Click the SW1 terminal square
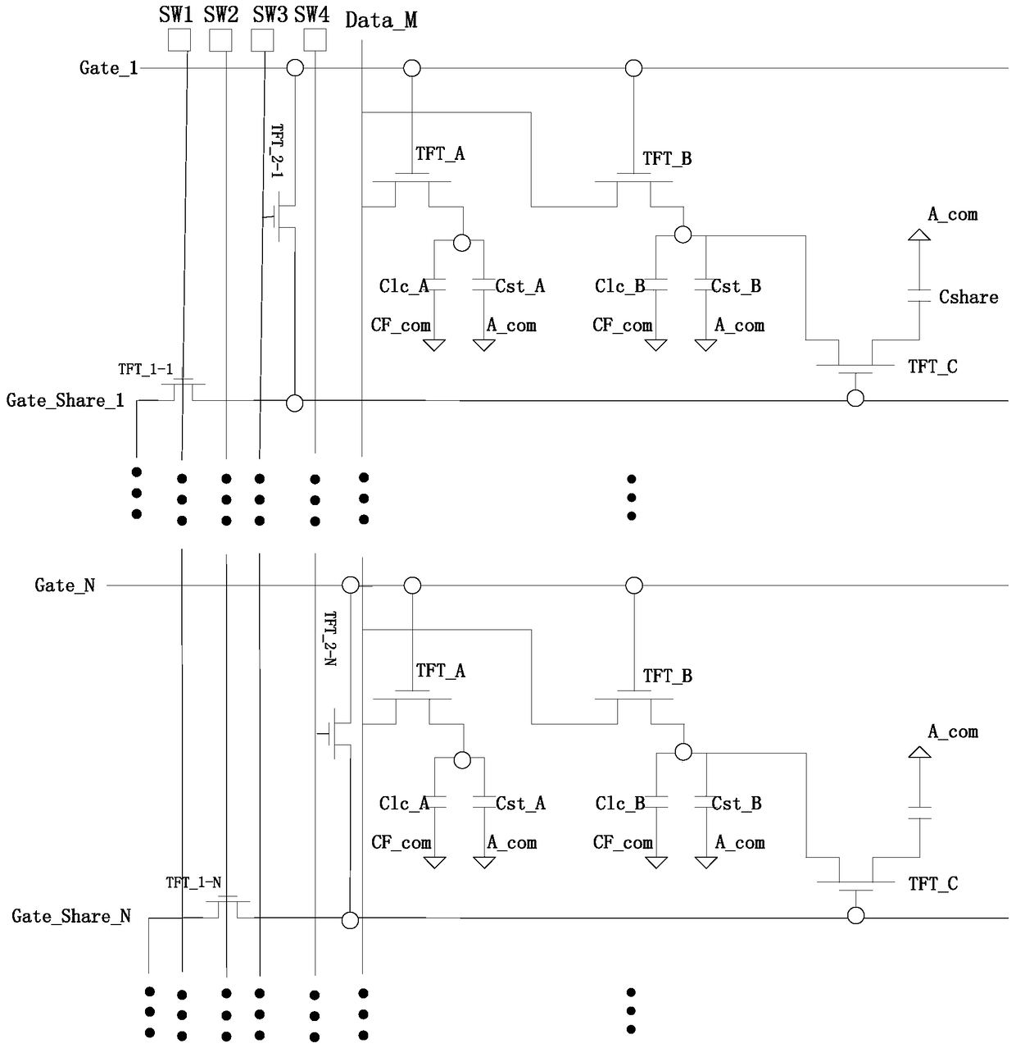tap(179, 40)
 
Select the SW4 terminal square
tap(315, 40)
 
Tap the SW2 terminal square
tap(220, 40)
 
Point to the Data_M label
tap(381, 21)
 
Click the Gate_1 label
tap(109, 68)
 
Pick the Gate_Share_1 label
tap(65, 400)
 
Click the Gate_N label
tap(65, 585)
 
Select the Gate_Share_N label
tap(71, 916)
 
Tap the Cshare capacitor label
tap(968, 297)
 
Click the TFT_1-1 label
tap(145, 369)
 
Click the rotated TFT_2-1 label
tap(277, 151)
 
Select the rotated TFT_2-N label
tap(330, 638)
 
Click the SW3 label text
tap(270, 15)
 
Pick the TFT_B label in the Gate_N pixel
tap(667, 676)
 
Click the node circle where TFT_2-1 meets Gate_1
tap(295, 68)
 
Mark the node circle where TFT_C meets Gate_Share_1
tap(855, 399)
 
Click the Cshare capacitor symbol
tap(919, 295)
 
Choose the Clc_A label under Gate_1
tap(404, 286)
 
